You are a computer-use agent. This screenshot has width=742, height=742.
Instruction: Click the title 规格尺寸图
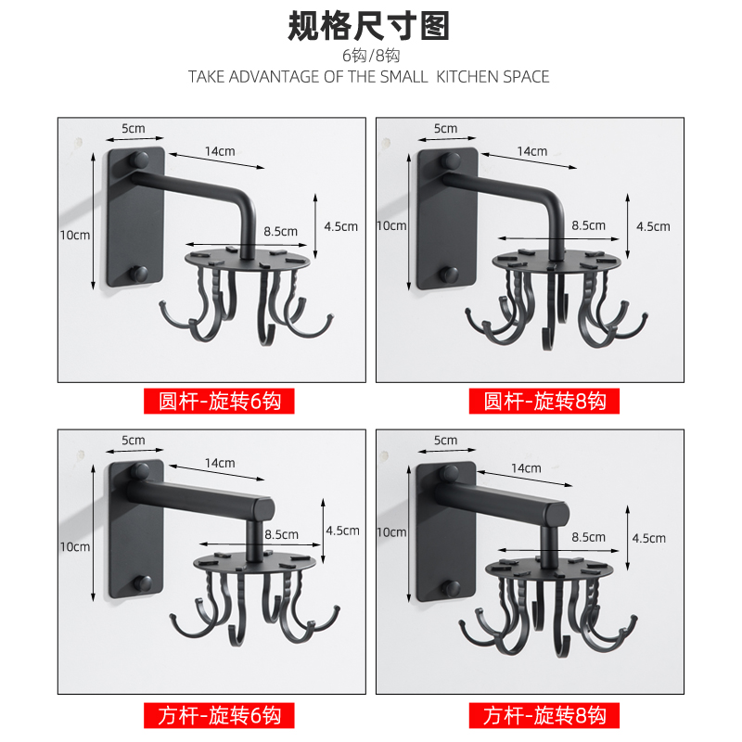point(369,25)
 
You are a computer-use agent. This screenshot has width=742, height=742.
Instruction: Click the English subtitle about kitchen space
point(369,76)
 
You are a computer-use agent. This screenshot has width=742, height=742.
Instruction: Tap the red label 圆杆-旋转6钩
point(219,401)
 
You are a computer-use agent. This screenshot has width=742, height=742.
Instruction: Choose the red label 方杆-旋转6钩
point(219,715)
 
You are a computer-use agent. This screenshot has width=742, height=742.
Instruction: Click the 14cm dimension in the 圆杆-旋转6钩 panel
point(221,151)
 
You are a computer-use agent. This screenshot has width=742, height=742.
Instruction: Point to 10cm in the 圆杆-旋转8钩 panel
point(391,226)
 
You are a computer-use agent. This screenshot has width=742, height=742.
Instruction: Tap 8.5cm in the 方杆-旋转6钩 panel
point(281,534)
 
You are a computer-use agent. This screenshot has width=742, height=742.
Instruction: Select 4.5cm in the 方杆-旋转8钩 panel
point(649,538)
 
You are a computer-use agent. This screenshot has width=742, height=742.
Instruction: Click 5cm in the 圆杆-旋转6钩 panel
point(133,128)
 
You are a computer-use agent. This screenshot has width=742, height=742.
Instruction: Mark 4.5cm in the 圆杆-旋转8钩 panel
point(653,226)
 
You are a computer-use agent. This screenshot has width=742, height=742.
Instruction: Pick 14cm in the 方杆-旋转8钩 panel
point(525,468)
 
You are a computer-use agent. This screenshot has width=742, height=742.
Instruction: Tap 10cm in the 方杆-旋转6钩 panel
point(75,546)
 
